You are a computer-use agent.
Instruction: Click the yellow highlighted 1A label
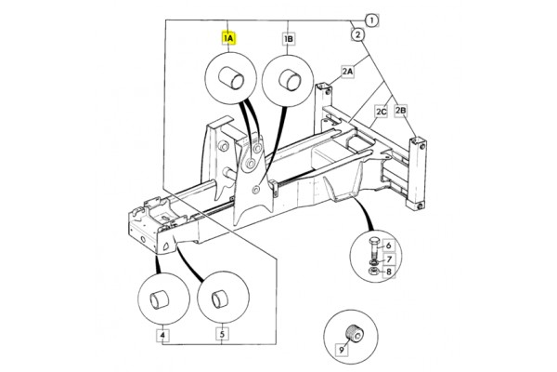tap(228, 38)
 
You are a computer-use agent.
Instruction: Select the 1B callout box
tap(289, 38)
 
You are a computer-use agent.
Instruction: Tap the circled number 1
tap(371, 20)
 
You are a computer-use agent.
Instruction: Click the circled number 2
tap(357, 34)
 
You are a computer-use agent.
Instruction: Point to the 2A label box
tap(348, 72)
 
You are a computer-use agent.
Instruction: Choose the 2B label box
tap(400, 111)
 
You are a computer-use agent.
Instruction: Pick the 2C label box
tap(382, 112)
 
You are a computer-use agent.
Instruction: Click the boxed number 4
tap(162, 335)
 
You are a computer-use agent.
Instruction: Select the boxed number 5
tap(222, 335)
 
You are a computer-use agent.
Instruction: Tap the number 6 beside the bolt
tap(389, 246)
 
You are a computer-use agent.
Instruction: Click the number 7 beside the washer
tap(389, 259)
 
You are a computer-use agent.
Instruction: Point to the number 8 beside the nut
tap(389, 272)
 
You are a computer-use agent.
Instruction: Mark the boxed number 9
tap(342, 350)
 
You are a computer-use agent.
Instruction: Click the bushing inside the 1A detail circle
tap(231, 78)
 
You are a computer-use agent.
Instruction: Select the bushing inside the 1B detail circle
tap(290, 80)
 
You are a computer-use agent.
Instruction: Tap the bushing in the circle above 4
tap(159, 299)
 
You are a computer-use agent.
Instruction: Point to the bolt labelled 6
tap(374, 249)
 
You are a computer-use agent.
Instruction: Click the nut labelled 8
tap(374, 272)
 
